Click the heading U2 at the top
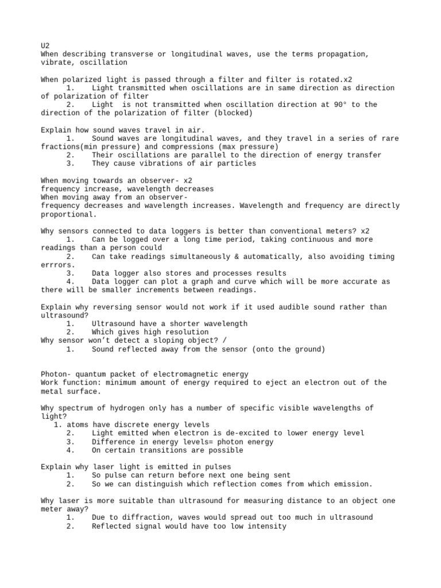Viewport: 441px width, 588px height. [x=45, y=45]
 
